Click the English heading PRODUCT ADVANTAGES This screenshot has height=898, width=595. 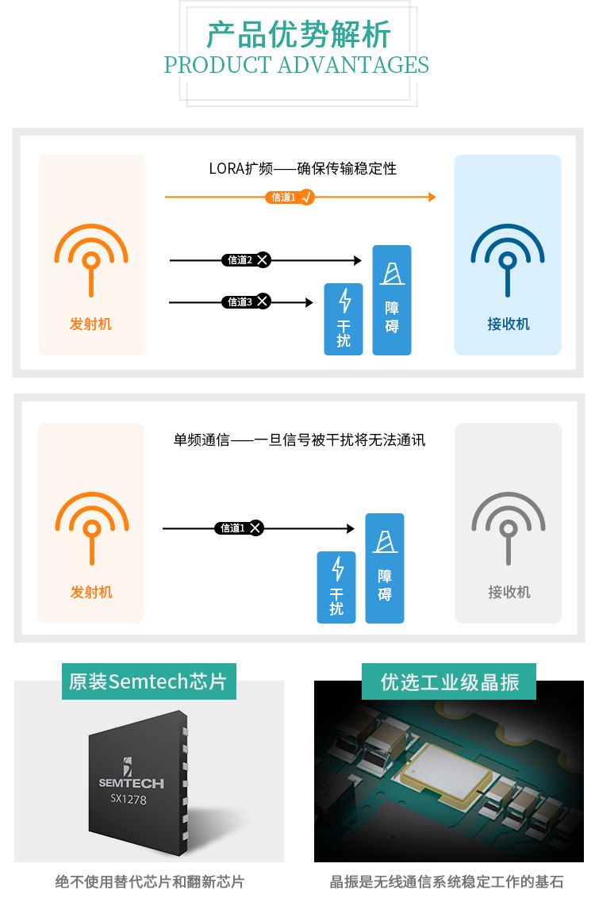click(297, 65)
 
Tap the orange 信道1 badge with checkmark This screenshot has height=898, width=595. click(290, 198)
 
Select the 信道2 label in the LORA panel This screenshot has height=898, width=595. click(246, 260)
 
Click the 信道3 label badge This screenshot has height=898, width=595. click(246, 301)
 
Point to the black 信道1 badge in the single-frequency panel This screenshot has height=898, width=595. click(240, 528)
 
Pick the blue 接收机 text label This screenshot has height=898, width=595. click(509, 324)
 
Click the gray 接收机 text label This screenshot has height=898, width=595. click(509, 592)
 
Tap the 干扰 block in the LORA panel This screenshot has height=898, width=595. click(344, 319)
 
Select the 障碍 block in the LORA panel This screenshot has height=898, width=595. click(392, 300)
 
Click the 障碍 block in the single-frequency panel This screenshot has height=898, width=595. click(385, 568)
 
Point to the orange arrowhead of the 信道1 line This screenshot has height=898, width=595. click(432, 197)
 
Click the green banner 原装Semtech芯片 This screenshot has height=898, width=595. click(149, 681)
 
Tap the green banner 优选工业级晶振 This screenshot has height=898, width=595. click(449, 681)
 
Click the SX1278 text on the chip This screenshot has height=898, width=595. click(129, 799)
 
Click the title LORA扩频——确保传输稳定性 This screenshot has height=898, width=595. click(302, 168)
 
